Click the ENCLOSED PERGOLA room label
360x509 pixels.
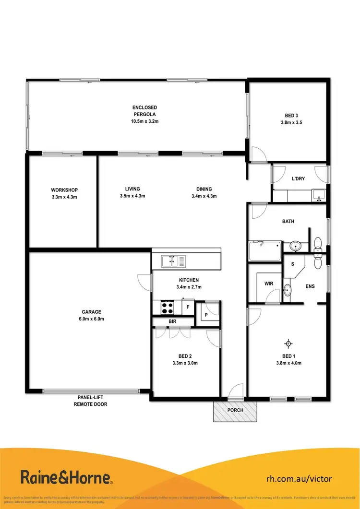click(x=144, y=111)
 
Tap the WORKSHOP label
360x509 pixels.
click(x=64, y=189)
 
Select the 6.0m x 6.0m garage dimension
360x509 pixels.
click(x=91, y=319)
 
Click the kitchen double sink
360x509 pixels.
click(x=170, y=261)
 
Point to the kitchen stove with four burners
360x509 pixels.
click(x=167, y=306)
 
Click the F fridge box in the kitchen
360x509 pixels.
click(x=188, y=306)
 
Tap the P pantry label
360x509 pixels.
click(x=206, y=315)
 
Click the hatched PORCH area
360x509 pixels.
click(x=235, y=411)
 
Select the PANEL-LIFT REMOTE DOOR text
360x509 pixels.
click(x=91, y=401)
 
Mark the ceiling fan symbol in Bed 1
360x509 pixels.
click(x=288, y=343)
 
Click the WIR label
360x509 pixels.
click(x=269, y=284)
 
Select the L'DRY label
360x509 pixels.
click(x=299, y=179)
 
